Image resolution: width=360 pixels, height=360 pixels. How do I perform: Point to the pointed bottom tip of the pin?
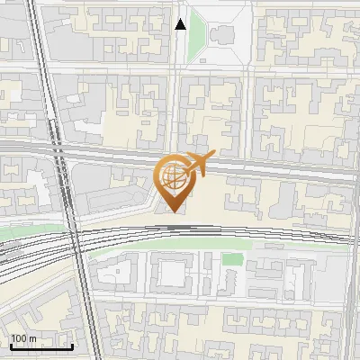pyautogui.click(x=172, y=212)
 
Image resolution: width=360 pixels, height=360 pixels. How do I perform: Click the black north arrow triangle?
pyautogui.click(x=180, y=24)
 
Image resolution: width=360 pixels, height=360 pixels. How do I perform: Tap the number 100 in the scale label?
pyautogui.click(x=19, y=338)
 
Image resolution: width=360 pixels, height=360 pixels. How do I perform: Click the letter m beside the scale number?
pyautogui.click(x=33, y=338)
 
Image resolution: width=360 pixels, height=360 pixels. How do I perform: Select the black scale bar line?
pyautogui.click(x=41, y=347)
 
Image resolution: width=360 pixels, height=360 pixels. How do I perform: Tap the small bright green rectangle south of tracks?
pyautogui.click(x=232, y=259)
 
